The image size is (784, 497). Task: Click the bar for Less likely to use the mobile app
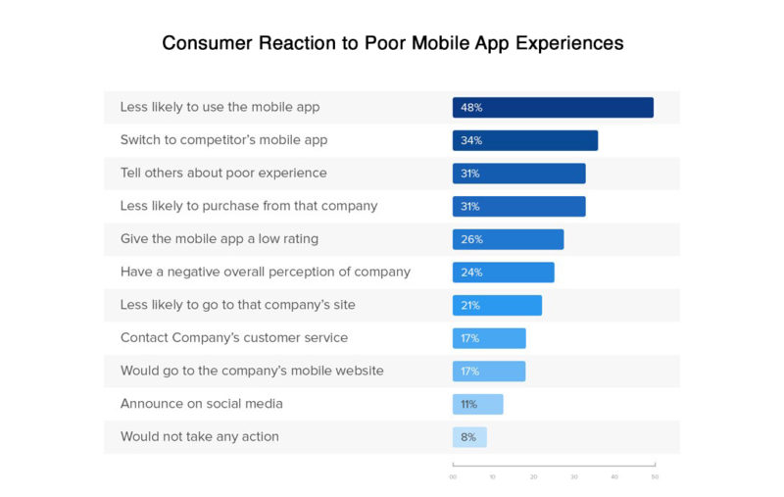pos(553,108)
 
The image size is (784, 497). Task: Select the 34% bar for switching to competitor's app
pos(525,140)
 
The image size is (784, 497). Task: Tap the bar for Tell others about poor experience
pos(518,174)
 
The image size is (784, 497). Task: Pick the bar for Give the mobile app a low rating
pos(508,239)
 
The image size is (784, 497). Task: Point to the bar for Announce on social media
pos(477,404)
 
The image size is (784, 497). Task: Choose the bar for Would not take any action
pos(469,437)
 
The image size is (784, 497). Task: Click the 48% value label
pos(471,108)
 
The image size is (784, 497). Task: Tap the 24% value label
pos(471,273)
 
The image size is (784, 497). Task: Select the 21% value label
pos(470,305)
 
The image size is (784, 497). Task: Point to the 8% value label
pos(468,437)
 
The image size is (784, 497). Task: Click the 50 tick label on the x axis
pos(655,477)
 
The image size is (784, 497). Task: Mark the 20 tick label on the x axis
pos(533,477)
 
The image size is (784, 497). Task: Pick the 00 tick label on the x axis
pos(453,477)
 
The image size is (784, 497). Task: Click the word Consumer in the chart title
pos(208,44)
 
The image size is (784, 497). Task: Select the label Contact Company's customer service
pos(234,338)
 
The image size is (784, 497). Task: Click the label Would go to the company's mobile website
pos(252,371)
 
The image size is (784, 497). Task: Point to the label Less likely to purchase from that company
pos(249,206)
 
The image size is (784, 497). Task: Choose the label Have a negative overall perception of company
pos(266,272)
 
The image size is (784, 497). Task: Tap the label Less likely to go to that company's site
pos(238,305)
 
